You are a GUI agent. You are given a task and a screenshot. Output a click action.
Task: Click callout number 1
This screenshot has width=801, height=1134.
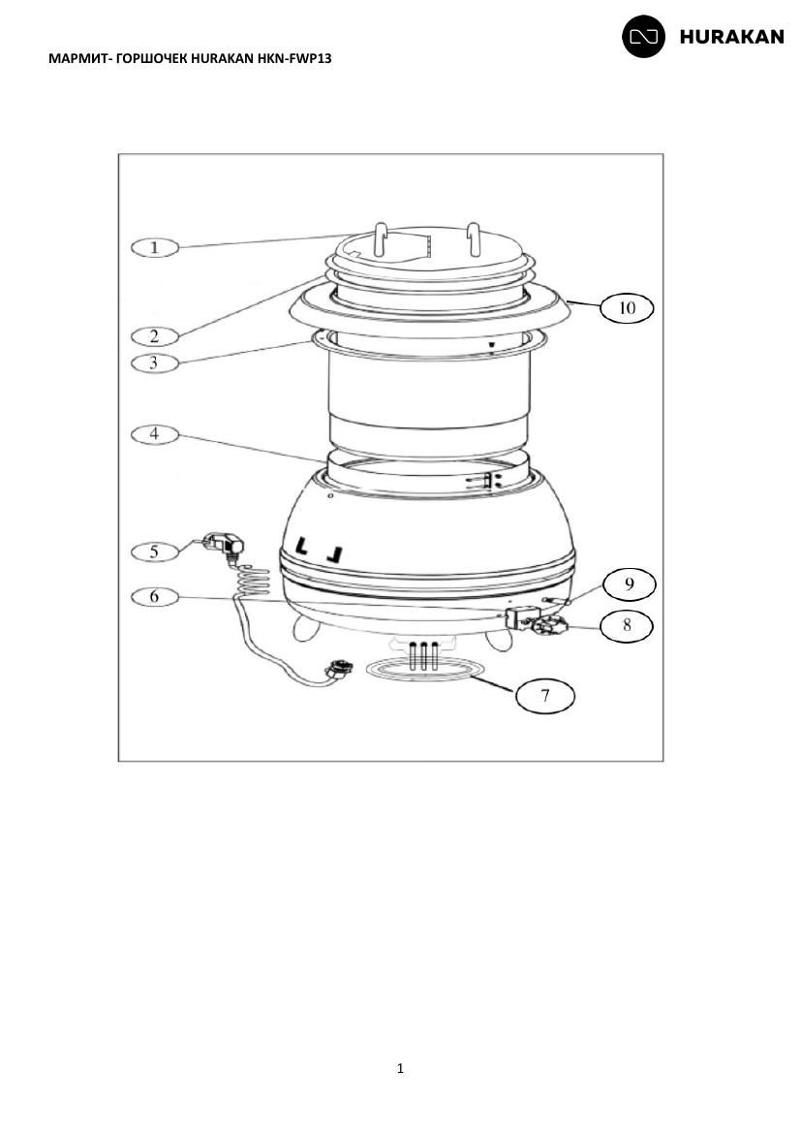pyautogui.click(x=154, y=247)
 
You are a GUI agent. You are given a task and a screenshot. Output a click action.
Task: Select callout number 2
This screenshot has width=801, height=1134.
pyautogui.click(x=154, y=336)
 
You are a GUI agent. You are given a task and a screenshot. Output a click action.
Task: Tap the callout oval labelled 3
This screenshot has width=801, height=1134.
pyautogui.click(x=154, y=362)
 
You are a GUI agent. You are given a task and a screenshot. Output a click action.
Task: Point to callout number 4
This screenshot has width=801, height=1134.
pyautogui.click(x=154, y=434)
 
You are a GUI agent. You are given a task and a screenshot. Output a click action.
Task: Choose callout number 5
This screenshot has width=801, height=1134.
pyautogui.click(x=154, y=551)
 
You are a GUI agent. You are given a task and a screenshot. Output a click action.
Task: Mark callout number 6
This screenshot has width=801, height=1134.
pyautogui.click(x=154, y=597)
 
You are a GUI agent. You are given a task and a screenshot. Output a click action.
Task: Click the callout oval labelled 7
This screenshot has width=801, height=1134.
pyautogui.click(x=545, y=696)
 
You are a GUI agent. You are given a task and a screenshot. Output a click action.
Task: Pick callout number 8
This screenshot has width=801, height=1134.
pyautogui.click(x=626, y=625)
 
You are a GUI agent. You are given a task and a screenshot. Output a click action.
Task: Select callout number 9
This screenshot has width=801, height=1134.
pyautogui.click(x=629, y=584)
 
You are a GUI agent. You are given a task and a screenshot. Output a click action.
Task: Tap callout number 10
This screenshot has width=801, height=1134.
pyautogui.click(x=627, y=308)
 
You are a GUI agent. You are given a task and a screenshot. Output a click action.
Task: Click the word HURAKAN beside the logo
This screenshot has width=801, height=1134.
pyautogui.click(x=731, y=37)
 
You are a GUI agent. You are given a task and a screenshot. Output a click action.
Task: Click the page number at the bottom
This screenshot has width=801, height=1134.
pyautogui.click(x=401, y=1069)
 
